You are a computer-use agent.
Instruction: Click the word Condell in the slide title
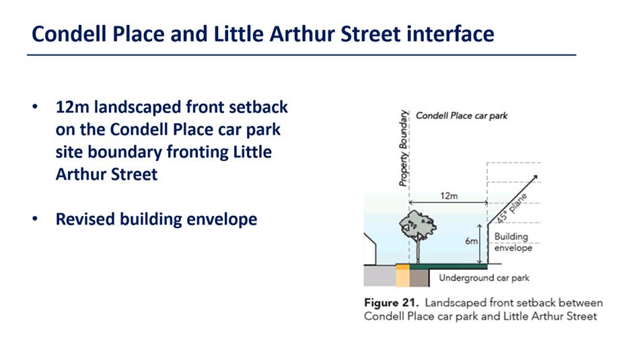pos(69,34)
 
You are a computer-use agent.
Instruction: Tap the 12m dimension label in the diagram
pos(449,196)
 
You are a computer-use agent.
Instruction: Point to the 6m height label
pos(471,241)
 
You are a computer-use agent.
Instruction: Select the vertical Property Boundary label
pos(403,148)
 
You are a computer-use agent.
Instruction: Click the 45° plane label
pos(512,209)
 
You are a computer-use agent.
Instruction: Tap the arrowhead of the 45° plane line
pos(536,177)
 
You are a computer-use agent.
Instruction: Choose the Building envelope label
pos(513,242)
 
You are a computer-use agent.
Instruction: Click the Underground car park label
pos(484,278)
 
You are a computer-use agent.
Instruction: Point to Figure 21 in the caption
pos(391,303)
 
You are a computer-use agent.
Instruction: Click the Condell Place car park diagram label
pos(462,116)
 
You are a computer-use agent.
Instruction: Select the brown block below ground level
pos(419,278)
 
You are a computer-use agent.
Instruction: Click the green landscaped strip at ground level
pos(448,266)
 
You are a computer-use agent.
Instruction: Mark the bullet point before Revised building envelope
pos(35,219)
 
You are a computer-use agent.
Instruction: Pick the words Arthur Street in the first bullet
pos(106,174)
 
